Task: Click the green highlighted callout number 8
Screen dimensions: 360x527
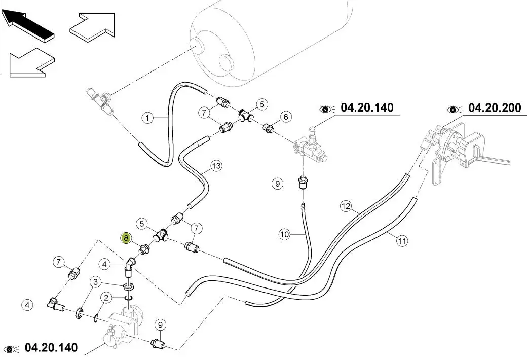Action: pos(126,237)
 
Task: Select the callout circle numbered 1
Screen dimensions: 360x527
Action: pos(147,119)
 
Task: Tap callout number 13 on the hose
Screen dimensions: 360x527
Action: pos(216,166)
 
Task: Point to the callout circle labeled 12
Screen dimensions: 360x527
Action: pos(346,206)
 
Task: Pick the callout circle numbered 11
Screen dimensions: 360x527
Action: pos(402,242)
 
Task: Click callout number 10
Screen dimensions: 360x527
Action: pos(284,234)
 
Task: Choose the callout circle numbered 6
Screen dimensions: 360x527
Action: pos(286,117)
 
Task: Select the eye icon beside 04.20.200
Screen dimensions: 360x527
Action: pos(454,109)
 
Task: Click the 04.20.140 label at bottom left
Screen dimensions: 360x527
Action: pos(51,348)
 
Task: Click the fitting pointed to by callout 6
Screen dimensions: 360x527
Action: pos(269,129)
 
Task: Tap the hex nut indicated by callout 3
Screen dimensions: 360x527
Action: pos(128,287)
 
